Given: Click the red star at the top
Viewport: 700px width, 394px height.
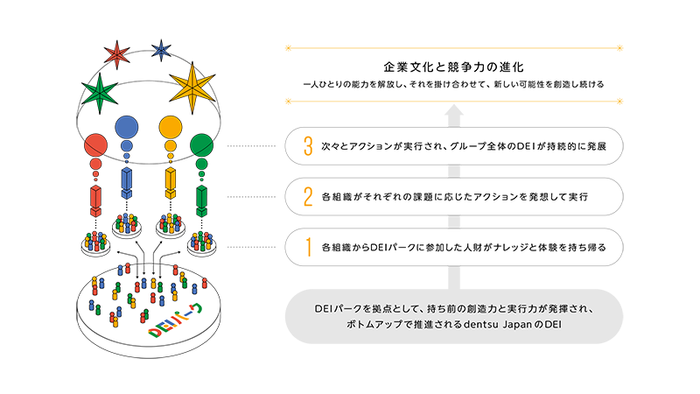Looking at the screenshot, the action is pyautogui.click(x=117, y=54).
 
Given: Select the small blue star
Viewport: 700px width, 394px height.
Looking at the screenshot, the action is pyautogui.click(x=161, y=50).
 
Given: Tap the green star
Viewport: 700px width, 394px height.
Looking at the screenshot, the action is pyautogui.click(x=100, y=93).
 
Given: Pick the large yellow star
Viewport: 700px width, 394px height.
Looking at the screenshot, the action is pyautogui.click(x=192, y=88).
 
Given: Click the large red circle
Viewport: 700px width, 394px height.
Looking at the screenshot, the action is pyautogui.click(x=95, y=145).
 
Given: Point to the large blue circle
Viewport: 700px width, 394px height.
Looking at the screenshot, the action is pyautogui.click(x=127, y=127).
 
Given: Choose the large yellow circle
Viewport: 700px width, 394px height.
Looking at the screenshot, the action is pyautogui.click(x=171, y=127).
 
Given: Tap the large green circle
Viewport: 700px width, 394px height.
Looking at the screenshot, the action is pyautogui.click(x=202, y=145).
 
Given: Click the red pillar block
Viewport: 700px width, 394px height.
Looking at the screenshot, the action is pyautogui.click(x=95, y=201).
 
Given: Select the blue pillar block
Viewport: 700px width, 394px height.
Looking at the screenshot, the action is pyautogui.click(x=127, y=183).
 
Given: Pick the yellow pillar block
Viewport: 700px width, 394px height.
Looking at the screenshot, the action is pyautogui.click(x=171, y=183).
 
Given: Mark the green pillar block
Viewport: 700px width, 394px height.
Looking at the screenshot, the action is pyautogui.click(x=202, y=201).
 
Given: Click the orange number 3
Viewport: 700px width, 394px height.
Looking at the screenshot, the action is pyautogui.click(x=308, y=146).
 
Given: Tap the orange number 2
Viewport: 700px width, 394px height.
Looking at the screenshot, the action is pyautogui.click(x=308, y=196).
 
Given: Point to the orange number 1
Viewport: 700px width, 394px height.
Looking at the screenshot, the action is pyautogui.click(x=309, y=247).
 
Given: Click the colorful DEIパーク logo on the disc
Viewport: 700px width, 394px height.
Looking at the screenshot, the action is pyautogui.click(x=176, y=320).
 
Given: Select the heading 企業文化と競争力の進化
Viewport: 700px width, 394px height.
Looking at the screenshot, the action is pyautogui.click(x=453, y=67).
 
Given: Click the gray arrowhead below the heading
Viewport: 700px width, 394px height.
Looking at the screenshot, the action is pyautogui.click(x=453, y=110).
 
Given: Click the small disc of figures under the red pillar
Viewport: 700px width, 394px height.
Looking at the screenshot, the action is pyautogui.click(x=95, y=243).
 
